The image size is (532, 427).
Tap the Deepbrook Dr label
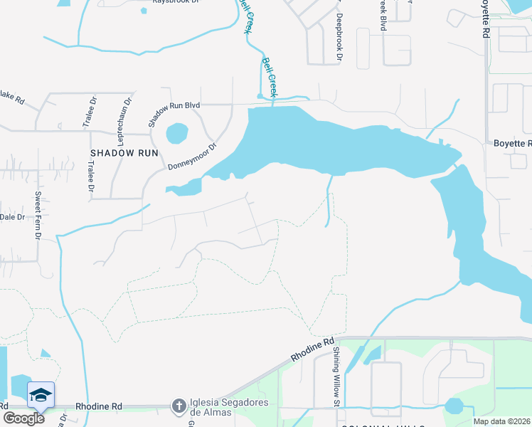pyautogui.click(x=339, y=36)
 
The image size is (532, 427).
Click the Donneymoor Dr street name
pyautogui.click(x=191, y=157)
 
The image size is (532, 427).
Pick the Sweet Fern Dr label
pyautogui.click(x=39, y=215)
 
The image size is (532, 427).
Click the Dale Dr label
pyautogui.click(x=12, y=217)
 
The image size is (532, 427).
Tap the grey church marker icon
pyautogui.click(x=179, y=406)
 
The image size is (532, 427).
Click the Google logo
pyautogui.click(x=23, y=418)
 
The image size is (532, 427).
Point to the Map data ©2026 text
pyautogui.click(x=501, y=421)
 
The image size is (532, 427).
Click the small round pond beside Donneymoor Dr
pyautogui.click(x=176, y=133)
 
